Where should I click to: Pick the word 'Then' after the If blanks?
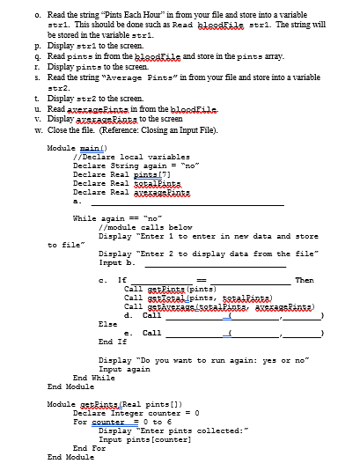(x=305, y=280)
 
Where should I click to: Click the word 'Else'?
(x=82, y=324)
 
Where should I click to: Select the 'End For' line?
(x=88, y=447)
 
